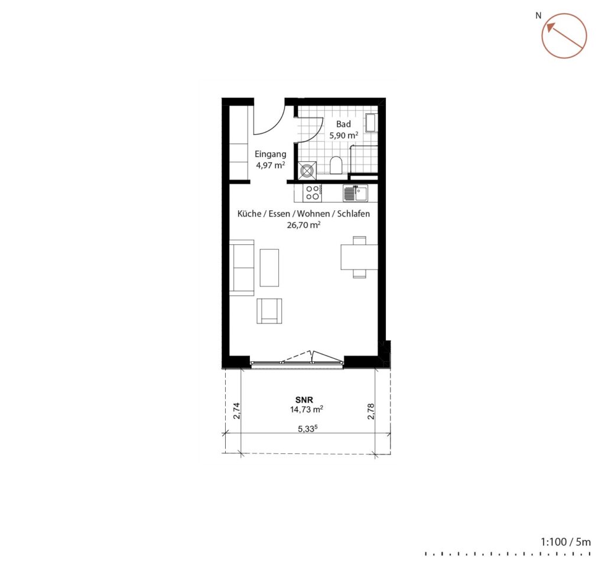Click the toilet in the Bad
coord(336,165)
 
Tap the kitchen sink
coord(355,193)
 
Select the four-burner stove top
coord(313,193)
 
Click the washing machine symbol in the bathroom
coord(307,171)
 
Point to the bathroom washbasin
coord(372,123)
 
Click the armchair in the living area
coord(269,310)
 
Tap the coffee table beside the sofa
coord(269,267)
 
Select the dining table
coord(359,257)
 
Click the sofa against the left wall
coord(242,267)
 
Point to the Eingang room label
coord(271,154)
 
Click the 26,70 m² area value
coord(304,225)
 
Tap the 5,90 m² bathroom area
coord(344,135)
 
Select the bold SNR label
coord(304,400)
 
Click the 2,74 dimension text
coord(237,411)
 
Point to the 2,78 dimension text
coord(371,411)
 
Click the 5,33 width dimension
coord(310,429)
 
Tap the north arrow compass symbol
coord(564,36)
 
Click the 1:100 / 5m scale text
coord(565,542)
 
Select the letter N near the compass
coord(538,16)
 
